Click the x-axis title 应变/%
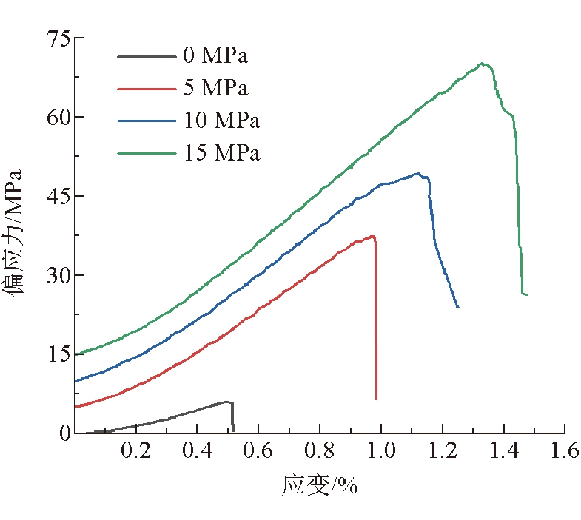pos(320,486)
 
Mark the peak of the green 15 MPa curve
pos(482,64)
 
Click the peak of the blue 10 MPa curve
pos(418,174)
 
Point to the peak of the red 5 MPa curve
pos(372,236)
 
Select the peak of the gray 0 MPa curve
pos(226,402)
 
